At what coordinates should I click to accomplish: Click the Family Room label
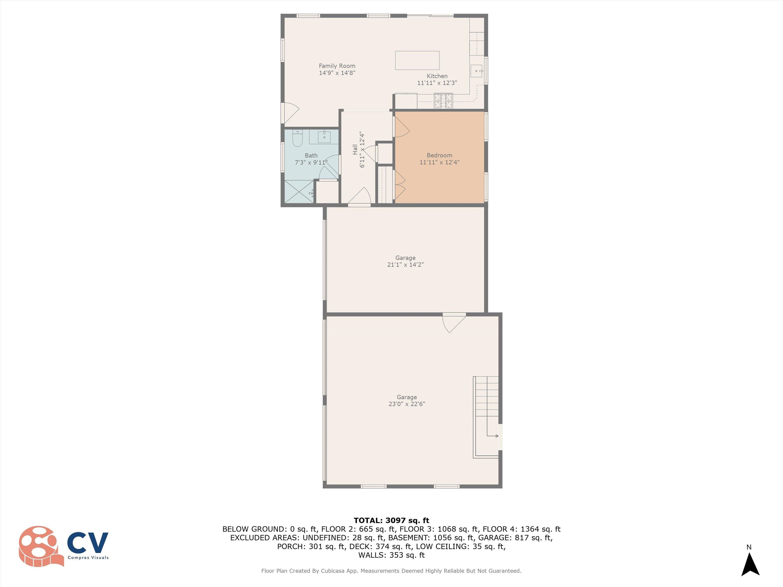(x=337, y=66)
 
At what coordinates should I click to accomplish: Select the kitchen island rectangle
(x=417, y=60)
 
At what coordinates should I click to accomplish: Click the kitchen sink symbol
(x=476, y=71)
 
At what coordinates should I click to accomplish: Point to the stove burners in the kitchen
(x=443, y=100)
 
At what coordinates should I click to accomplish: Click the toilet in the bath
(x=298, y=138)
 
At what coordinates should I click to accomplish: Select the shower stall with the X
(x=299, y=191)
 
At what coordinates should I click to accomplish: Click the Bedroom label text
(x=439, y=155)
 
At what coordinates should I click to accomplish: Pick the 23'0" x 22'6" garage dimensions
(x=407, y=404)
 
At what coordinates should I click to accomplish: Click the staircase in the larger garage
(x=486, y=418)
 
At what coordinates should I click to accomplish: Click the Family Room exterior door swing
(x=290, y=113)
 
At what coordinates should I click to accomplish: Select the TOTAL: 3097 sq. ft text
(x=391, y=521)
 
